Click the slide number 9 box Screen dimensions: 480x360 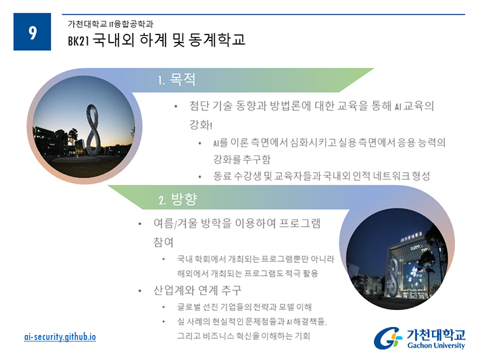tap(32, 32)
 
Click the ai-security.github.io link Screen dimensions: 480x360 tap(60, 337)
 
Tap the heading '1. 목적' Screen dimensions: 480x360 tap(176, 80)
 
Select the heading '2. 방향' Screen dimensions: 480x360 tap(178, 199)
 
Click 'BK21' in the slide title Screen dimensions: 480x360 tap(78, 41)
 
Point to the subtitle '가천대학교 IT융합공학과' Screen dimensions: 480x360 tap(110, 24)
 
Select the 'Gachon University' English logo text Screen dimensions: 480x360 tap(436, 345)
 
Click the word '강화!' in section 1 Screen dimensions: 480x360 tap(201, 125)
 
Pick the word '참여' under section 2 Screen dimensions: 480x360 tap(164, 242)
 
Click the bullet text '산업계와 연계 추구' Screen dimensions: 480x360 tap(197, 290)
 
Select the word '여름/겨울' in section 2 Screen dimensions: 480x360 tap(175, 224)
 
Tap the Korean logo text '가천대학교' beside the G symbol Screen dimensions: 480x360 tap(436, 334)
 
